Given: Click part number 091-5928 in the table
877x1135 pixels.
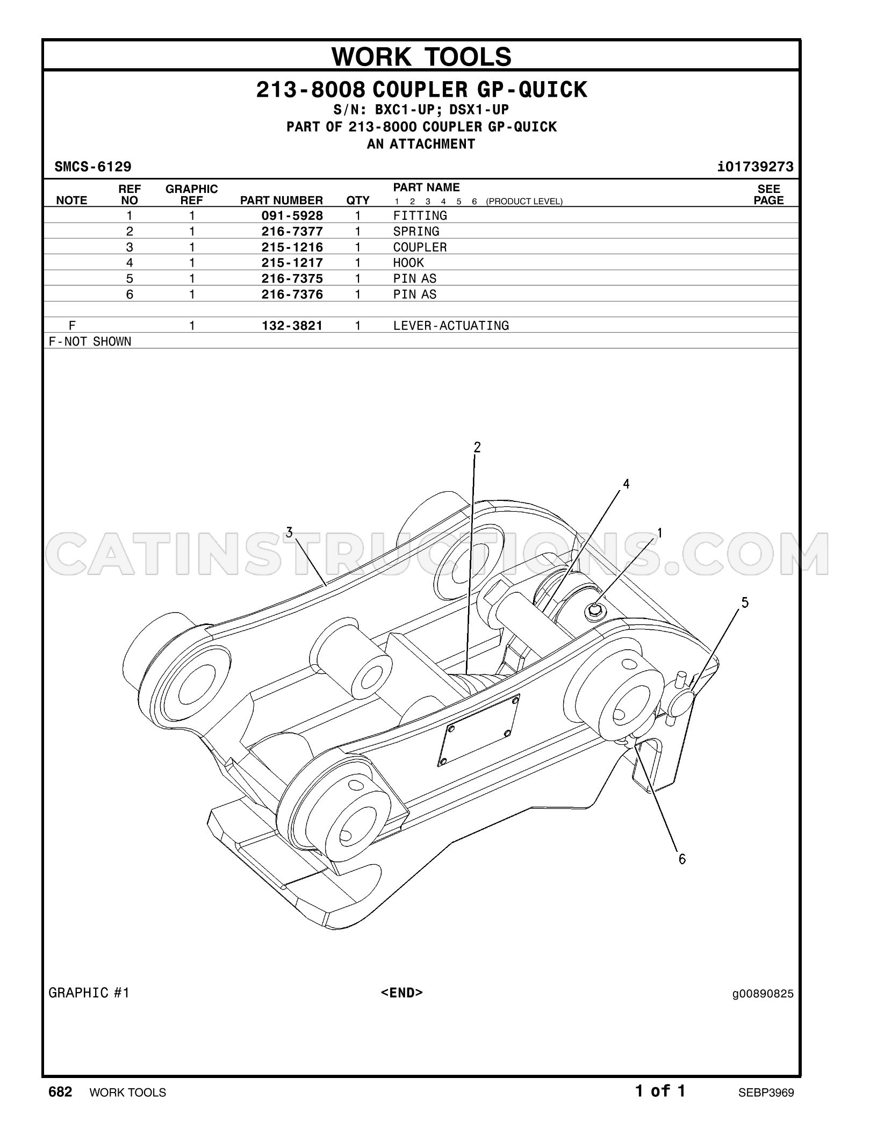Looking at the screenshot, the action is coord(292,215).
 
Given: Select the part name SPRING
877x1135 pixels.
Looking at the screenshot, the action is coord(416,232).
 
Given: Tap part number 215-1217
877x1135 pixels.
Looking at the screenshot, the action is coord(292,263).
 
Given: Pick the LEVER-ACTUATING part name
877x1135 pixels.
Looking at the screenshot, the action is coord(451,326).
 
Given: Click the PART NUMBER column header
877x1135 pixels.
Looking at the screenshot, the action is coord(282,200).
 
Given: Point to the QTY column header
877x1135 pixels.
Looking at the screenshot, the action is coord(358,200).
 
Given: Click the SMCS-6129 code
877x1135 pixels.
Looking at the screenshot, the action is coord(93,167).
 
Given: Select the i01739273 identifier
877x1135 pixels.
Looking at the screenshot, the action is coord(755,167).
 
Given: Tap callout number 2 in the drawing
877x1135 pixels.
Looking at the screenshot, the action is coord(477,447).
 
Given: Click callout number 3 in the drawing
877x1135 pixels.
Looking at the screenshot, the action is coord(289,533).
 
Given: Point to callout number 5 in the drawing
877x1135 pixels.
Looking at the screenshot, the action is coord(745,602).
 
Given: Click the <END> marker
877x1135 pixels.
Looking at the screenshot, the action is coord(402,992).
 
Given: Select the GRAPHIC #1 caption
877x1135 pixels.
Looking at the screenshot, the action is coord(89,993).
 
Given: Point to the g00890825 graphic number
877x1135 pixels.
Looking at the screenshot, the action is coord(763,994).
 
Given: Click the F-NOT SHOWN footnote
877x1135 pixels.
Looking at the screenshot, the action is coord(90,342).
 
